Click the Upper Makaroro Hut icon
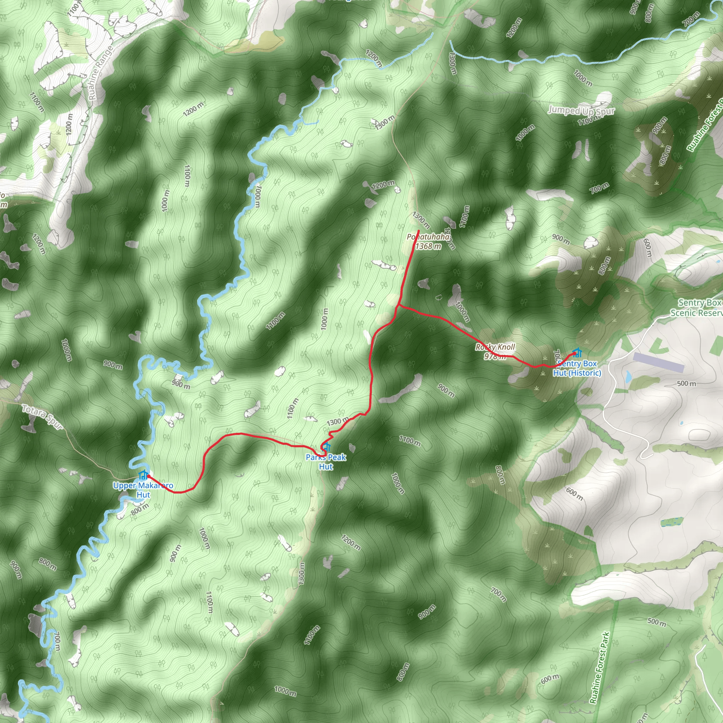pyautogui.click(x=143, y=475)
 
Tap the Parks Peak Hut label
pyautogui.click(x=325, y=462)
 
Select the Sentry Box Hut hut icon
pyautogui.click(x=578, y=353)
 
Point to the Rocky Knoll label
pyautogui.click(x=495, y=347)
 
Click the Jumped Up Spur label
pyautogui.click(x=581, y=111)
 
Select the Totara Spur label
pyautogui.click(x=42, y=417)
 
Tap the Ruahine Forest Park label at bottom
pyautogui.click(x=599, y=668)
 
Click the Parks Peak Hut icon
pyautogui.click(x=327, y=447)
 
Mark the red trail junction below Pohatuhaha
pyautogui.click(x=400, y=305)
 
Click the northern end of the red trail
pyautogui.click(x=418, y=230)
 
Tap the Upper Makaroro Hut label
pyautogui.click(x=143, y=490)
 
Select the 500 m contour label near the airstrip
pyautogui.click(x=686, y=384)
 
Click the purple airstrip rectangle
pyautogui.click(x=658, y=362)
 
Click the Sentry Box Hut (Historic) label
pyautogui.click(x=577, y=368)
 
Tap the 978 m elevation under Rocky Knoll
pyautogui.click(x=495, y=356)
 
